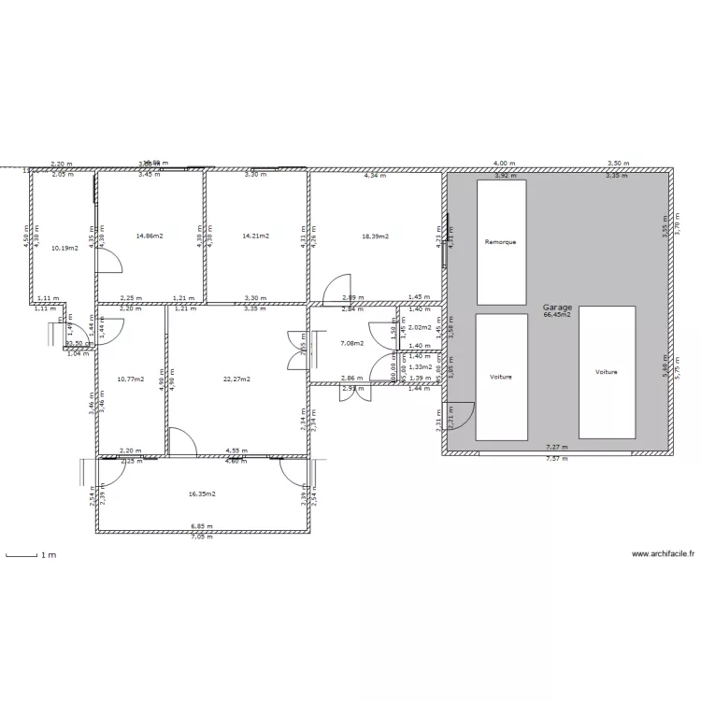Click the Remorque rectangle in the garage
click(501, 242)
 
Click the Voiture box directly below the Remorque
click(501, 377)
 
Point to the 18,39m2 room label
click(375, 236)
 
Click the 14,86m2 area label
click(150, 236)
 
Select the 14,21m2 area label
click(256, 236)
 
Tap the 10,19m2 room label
click(64, 248)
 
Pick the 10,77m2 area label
click(130, 379)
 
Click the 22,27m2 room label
click(236, 379)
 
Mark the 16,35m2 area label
click(202, 494)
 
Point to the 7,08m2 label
click(351, 343)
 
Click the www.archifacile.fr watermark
click(664, 554)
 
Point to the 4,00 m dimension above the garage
click(505, 163)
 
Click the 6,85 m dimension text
click(202, 527)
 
